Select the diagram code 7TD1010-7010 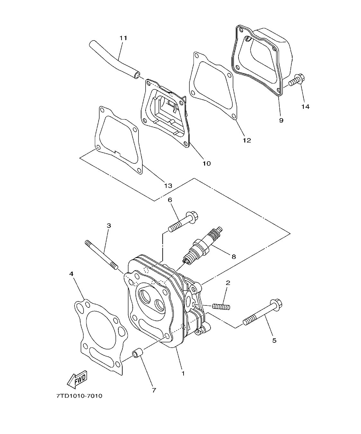79,396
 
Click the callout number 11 123,38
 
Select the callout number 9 281,120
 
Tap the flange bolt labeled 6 184,222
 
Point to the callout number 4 71,274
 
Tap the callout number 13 168,186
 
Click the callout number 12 247,140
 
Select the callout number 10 206,163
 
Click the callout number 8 234,256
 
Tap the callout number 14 305,106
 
